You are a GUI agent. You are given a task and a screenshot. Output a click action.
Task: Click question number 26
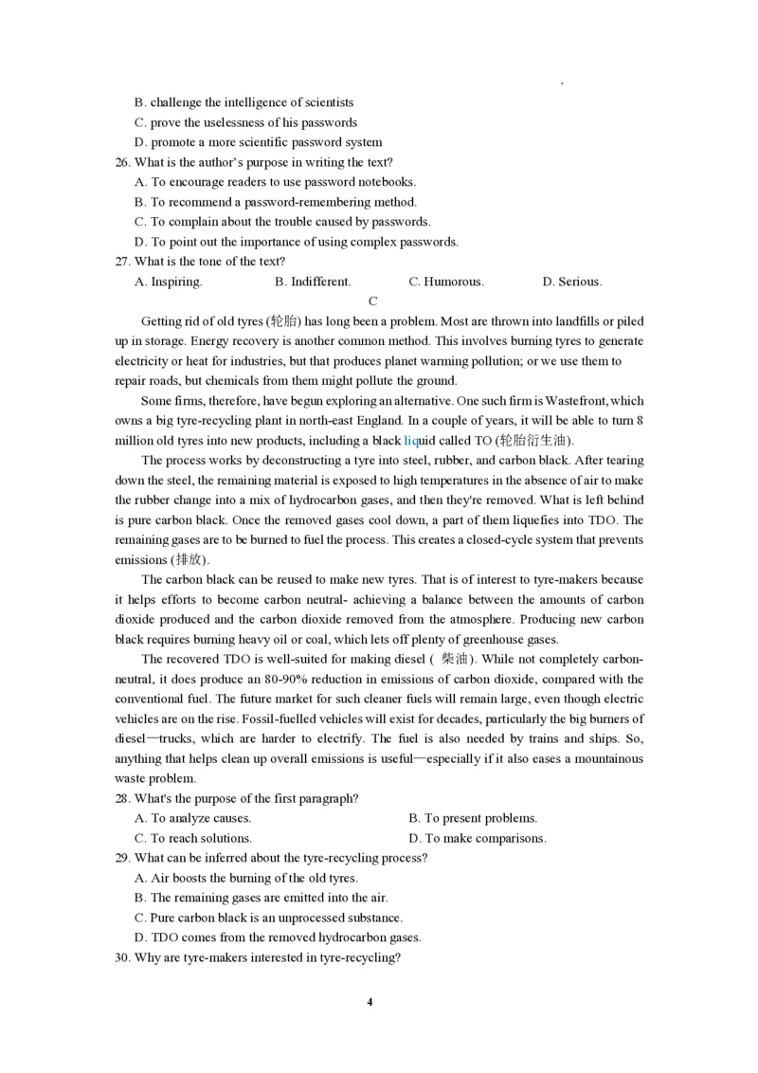pos(122,162)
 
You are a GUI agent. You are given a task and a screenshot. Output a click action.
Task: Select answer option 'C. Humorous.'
pos(445,282)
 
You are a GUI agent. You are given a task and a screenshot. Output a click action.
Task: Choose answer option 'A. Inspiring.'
pos(169,282)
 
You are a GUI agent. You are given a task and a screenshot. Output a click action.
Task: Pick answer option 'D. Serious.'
pos(571,282)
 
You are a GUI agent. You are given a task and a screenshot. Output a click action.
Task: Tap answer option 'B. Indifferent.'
pos(313,282)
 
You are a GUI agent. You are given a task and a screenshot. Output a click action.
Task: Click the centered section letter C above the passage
pos(373,301)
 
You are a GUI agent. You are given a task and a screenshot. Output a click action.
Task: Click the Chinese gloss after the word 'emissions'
pos(189,560)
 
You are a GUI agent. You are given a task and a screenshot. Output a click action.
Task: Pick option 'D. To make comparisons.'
pos(477,838)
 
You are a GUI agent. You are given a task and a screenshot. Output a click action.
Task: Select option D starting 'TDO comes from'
pos(278,937)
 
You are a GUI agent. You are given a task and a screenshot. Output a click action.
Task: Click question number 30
pos(122,957)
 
